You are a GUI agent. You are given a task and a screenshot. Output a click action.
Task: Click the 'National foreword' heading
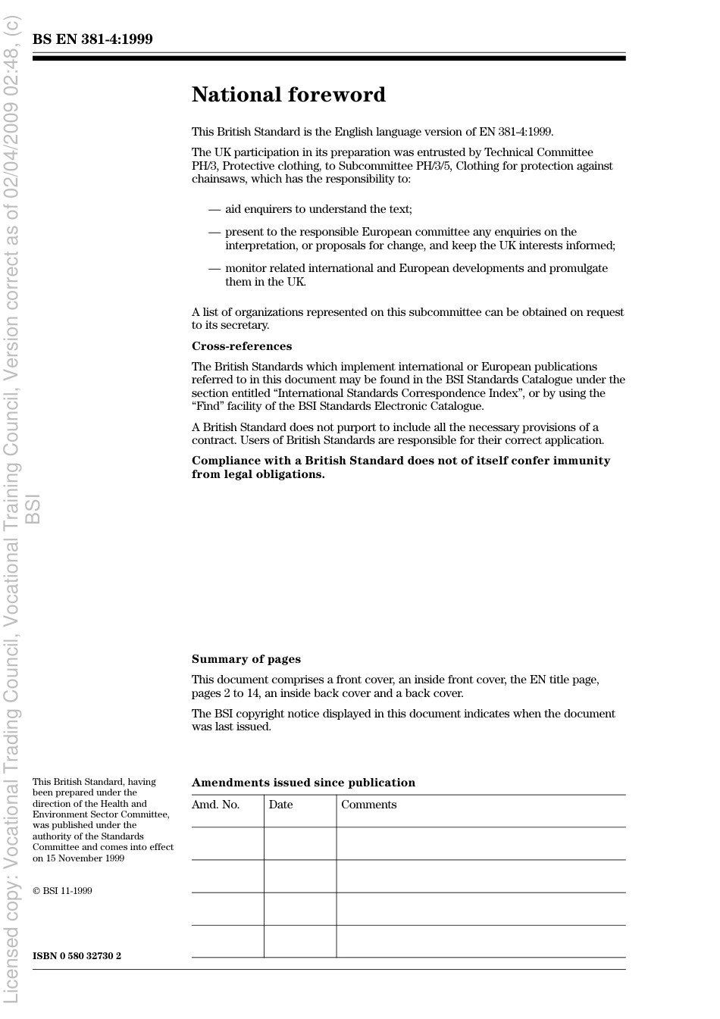coord(288,95)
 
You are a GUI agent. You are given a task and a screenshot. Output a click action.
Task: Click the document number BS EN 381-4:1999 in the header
coord(92,39)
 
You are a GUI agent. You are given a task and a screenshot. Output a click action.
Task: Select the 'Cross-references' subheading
coord(241,346)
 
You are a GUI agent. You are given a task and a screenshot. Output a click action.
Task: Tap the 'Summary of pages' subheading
coord(246,659)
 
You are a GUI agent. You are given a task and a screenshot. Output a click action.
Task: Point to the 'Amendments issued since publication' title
coord(303,783)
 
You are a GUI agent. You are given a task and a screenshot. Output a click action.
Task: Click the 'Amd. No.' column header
coord(215,805)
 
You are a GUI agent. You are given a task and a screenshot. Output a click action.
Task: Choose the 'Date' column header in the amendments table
coord(280,805)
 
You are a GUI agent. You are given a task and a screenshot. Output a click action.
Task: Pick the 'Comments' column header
coord(368,805)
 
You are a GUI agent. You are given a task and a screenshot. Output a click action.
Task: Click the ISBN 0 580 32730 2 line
coord(77,956)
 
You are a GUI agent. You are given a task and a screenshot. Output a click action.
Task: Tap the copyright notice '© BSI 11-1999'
coord(62,891)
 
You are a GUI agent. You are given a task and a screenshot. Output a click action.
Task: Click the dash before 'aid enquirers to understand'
coord(214,209)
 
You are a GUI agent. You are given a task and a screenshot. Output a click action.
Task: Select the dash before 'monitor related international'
coord(214,268)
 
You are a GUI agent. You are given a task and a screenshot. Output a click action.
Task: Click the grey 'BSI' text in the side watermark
coord(33,509)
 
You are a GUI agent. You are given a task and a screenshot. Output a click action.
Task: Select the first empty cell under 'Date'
coord(300,843)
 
